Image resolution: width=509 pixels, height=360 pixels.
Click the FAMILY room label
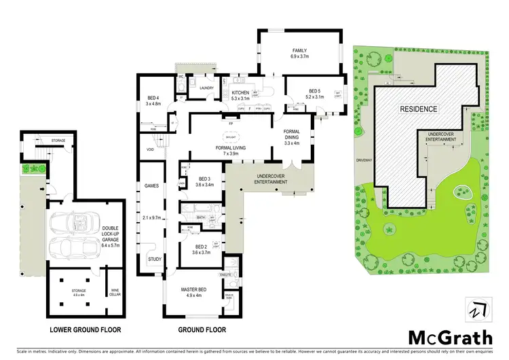click(x=299, y=51)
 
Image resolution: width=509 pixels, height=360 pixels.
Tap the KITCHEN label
click(x=241, y=93)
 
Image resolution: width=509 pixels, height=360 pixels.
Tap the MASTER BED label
click(x=197, y=290)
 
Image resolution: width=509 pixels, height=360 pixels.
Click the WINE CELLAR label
click(x=116, y=293)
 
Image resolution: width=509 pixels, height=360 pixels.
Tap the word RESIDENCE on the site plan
click(x=418, y=109)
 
